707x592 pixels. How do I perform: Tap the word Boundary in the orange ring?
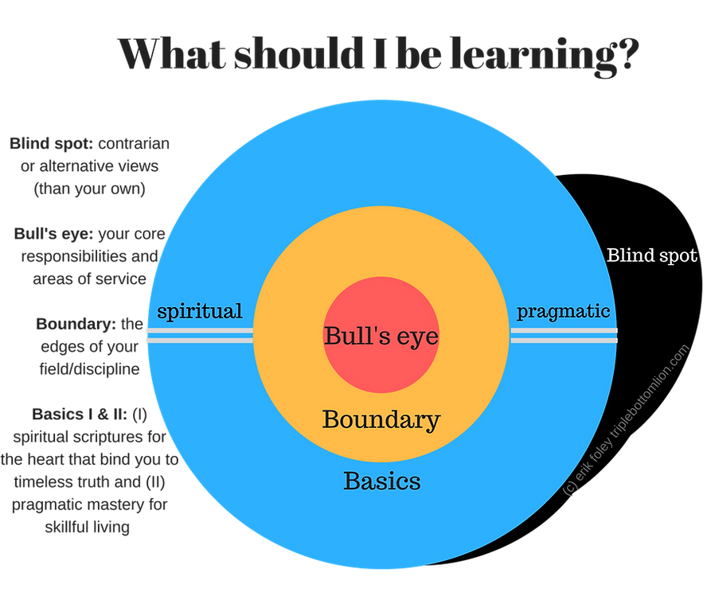pyautogui.click(x=381, y=419)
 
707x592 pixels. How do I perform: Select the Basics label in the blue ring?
pyautogui.click(x=381, y=481)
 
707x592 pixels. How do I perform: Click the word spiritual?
pyautogui.click(x=199, y=311)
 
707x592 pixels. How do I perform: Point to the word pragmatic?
pyautogui.click(x=564, y=311)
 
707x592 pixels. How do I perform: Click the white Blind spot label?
pyautogui.click(x=651, y=256)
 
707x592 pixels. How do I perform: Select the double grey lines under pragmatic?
pyautogui.click(x=564, y=335)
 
